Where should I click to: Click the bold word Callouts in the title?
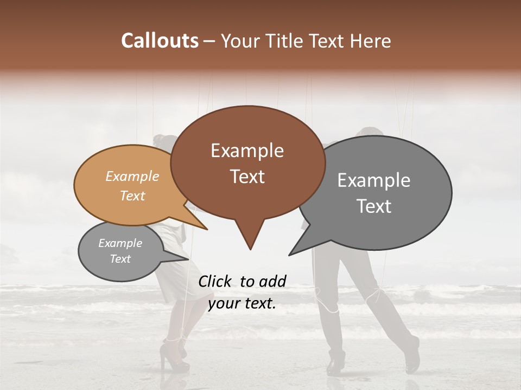click(160, 41)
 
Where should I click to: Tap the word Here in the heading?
click(370, 41)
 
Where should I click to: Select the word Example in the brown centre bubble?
click(247, 151)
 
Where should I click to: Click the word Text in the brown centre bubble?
click(247, 177)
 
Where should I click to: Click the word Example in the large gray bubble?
click(373, 180)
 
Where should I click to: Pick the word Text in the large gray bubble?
click(374, 206)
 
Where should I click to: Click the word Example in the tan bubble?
click(132, 176)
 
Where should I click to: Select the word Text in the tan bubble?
click(132, 196)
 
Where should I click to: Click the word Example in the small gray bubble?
click(120, 243)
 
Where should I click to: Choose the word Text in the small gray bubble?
click(120, 259)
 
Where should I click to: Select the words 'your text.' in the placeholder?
click(242, 303)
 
